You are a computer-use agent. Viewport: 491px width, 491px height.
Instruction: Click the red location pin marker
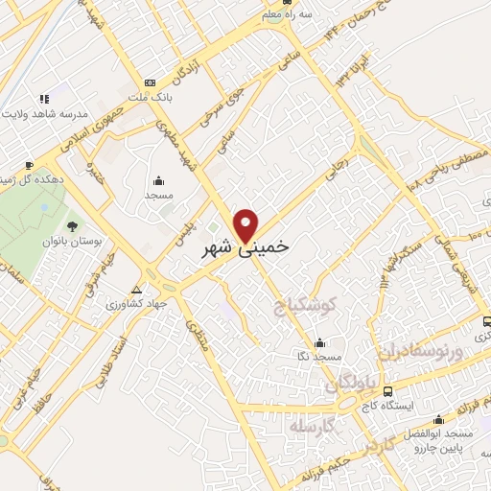pos(246,224)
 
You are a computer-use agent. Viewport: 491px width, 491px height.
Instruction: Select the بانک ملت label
pos(152,98)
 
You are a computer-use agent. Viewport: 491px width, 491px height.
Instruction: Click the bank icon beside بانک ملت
pos(150,83)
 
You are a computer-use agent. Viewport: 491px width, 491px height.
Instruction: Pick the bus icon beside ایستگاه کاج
pos(387,392)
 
